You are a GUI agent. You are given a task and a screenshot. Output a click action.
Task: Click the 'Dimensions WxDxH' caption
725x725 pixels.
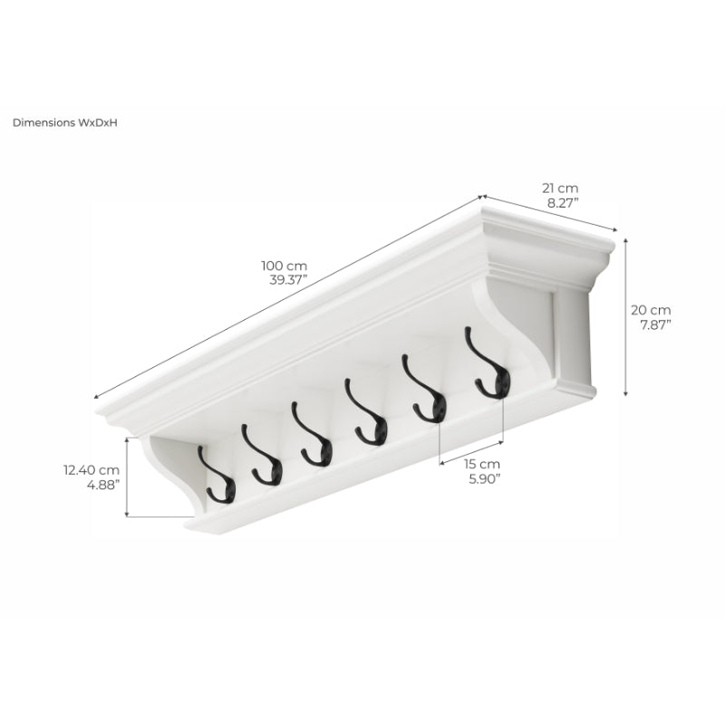pyautogui.click(x=64, y=122)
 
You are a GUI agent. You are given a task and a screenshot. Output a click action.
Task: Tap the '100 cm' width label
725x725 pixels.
pyautogui.click(x=284, y=266)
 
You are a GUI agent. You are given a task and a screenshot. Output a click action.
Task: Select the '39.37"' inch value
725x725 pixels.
pyautogui.click(x=288, y=280)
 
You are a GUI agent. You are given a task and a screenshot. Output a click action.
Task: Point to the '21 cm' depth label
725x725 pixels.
pyautogui.click(x=560, y=188)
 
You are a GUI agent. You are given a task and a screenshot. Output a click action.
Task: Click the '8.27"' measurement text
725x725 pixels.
pyautogui.click(x=563, y=203)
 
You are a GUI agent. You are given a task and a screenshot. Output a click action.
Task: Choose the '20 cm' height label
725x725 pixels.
pyautogui.click(x=651, y=310)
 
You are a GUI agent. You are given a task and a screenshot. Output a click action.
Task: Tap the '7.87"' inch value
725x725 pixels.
pyautogui.click(x=655, y=325)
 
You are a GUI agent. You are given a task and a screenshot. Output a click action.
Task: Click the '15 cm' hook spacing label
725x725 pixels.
pyautogui.click(x=482, y=464)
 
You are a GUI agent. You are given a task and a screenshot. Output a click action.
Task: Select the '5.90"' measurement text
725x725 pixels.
pyautogui.click(x=485, y=479)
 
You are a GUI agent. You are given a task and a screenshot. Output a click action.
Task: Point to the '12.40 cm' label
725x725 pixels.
pyautogui.click(x=92, y=470)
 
